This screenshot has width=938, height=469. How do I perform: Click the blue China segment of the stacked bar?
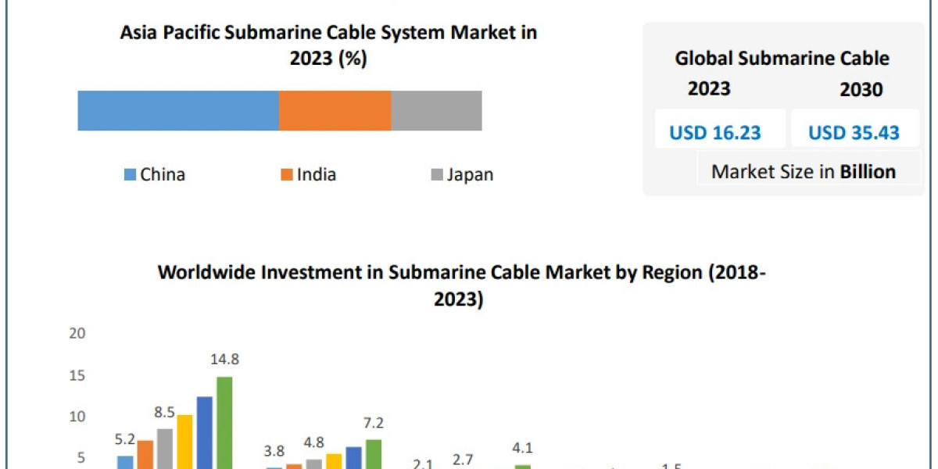click(x=178, y=110)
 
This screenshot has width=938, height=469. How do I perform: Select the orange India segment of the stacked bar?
click(x=335, y=110)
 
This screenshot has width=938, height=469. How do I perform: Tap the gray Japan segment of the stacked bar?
click(x=436, y=110)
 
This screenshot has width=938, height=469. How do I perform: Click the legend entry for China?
click(x=154, y=174)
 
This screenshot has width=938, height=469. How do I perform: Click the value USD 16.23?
click(x=714, y=133)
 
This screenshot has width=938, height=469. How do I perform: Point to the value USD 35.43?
click(x=854, y=133)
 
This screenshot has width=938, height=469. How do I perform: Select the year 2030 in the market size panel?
click(x=861, y=90)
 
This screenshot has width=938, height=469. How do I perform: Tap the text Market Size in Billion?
click(x=803, y=172)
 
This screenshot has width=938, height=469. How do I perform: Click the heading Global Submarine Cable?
click(x=782, y=59)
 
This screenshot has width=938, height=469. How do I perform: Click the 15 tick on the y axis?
click(x=77, y=376)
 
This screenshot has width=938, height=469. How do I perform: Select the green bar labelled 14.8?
click(x=224, y=422)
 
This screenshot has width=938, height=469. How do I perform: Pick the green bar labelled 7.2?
click(x=374, y=453)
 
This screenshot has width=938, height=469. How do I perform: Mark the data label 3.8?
click(x=274, y=451)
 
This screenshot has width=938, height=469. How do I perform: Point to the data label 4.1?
click(x=521, y=449)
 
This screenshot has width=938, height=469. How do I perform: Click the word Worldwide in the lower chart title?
click(x=203, y=272)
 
